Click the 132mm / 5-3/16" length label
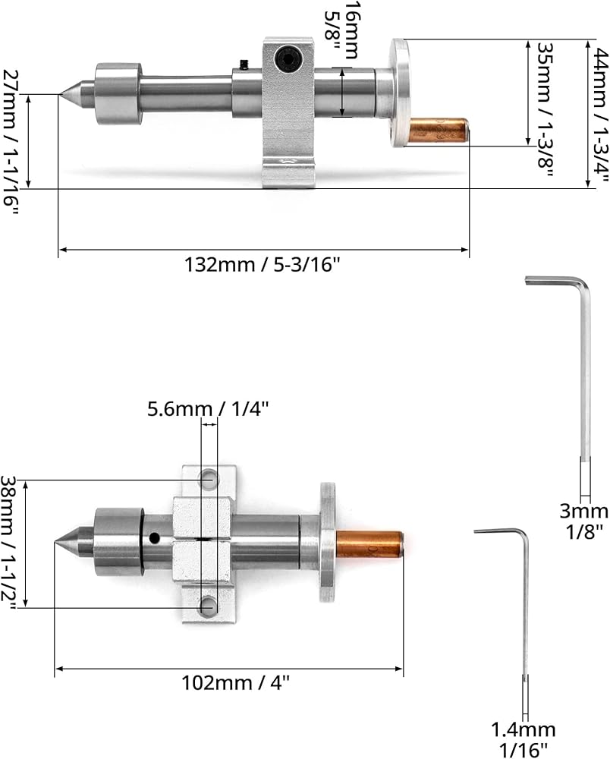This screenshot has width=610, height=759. (263, 265)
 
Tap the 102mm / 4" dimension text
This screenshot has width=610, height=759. (236, 683)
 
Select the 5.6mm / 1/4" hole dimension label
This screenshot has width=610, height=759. (208, 410)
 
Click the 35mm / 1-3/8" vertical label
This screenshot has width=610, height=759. (546, 109)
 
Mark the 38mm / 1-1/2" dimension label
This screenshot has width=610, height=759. (9, 543)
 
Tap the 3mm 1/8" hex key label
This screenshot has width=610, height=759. (584, 521)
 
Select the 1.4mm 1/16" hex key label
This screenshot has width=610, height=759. (524, 739)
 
